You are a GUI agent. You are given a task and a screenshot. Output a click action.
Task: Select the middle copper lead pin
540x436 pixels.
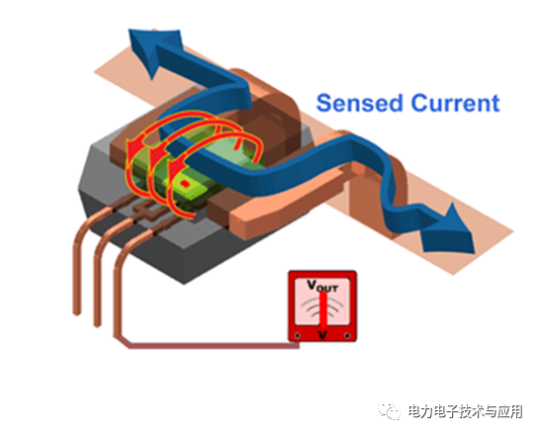tap(97, 287)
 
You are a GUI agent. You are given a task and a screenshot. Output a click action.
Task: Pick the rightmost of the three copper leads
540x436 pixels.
tap(118, 297)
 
